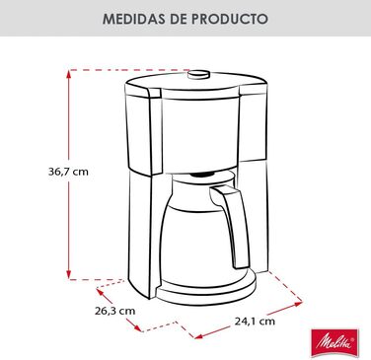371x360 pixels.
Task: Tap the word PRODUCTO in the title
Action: pyautogui.click(x=236, y=19)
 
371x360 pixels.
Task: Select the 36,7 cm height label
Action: pyautogui.click(x=40, y=171)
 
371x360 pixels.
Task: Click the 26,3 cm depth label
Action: pyautogui.click(x=116, y=309)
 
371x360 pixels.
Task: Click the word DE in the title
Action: pyautogui.click(x=180, y=19)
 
